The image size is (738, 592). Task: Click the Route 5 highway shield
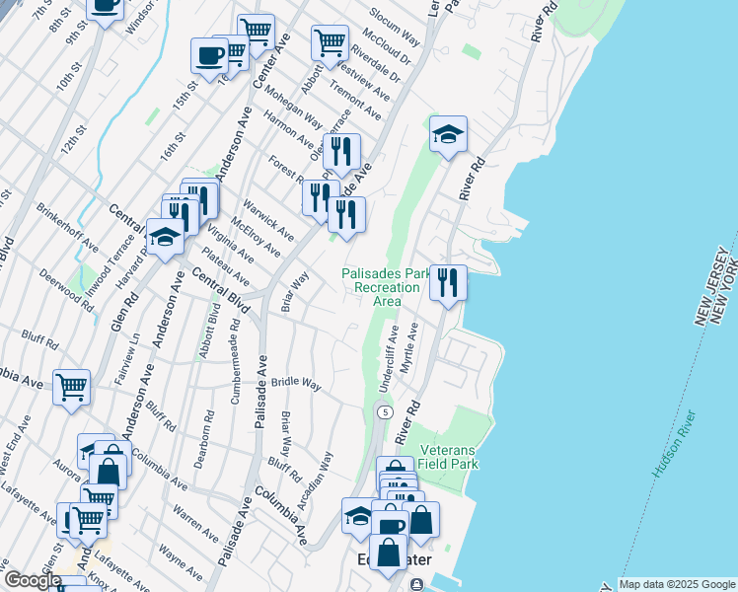(x=384, y=410)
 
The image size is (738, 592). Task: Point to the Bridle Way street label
(x=297, y=382)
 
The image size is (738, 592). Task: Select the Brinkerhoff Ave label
(x=67, y=228)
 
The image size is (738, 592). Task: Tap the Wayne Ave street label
(x=181, y=560)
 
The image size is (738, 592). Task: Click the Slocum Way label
(x=395, y=30)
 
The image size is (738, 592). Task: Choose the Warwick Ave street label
(x=269, y=223)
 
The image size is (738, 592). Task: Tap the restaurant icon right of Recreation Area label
(x=448, y=282)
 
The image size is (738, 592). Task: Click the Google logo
(x=32, y=581)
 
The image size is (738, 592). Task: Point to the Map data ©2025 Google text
(x=676, y=584)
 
